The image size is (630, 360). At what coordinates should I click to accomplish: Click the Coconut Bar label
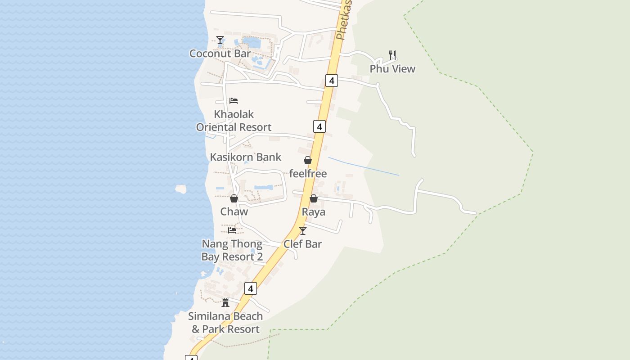[x=220, y=54]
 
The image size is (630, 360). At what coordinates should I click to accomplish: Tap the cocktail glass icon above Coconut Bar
[x=220, y=40]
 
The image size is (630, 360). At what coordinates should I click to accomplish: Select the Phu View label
[x=392, y=69]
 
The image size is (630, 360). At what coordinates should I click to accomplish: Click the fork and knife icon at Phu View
[x=392, y=55]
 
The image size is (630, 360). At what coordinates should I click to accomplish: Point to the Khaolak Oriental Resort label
[x=234, y=121]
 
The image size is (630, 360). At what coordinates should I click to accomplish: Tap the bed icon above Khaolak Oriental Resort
[x=233, y=100]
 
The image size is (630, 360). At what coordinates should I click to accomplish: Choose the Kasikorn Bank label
[x=246, y=157]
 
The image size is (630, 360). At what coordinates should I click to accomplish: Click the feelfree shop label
[x=308, y=174]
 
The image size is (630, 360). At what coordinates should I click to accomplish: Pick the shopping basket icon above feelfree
[x=308, y=160]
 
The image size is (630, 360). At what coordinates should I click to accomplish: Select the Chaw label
[x=234, y=211]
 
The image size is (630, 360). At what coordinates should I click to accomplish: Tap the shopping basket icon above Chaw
[x=234, y=198]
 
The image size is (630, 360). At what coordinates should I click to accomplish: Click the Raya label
[x=313, y=212]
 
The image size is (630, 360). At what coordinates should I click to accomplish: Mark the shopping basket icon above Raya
[x=314, y=198]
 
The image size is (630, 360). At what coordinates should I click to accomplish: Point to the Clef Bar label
[x=302, y=244]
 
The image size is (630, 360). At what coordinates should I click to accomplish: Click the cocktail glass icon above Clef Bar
[x=302, y=231]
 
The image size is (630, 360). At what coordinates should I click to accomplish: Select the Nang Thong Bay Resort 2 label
[x=232, y=251]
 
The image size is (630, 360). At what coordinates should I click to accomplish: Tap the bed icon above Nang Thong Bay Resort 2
[x=232, y=230]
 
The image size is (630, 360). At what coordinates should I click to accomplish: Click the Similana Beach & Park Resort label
[x=225, y=323]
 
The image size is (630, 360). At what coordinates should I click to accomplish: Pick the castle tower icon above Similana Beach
[x=225, y=303]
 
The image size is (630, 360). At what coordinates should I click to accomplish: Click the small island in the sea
[x=181, y=189]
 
